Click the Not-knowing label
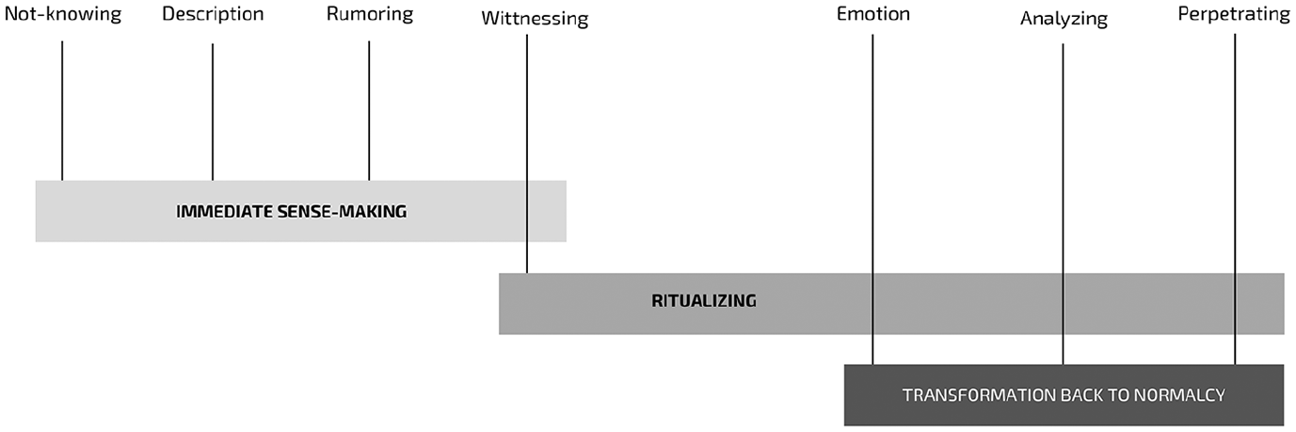coord(63,14)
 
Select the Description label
coord(213,14)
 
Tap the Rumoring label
coord(370,14)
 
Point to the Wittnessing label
coord(535,19)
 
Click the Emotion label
coord(873,14)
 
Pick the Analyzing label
coord(1064,19)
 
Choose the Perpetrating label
coord(1234,14)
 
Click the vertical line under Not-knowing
coord(62,110)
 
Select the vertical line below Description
coord(213,112)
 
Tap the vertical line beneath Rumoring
coord(369,110)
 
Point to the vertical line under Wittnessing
coord(526,153)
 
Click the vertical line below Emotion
coord(872,200)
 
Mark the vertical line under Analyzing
coord(1063,204)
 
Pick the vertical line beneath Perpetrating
coord(1235,200)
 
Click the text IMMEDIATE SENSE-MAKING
coord(292,212)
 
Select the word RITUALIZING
coord(704,301)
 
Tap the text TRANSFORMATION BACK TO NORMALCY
coord(1064,395)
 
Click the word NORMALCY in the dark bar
coord(1179,395)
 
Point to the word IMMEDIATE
coord(224,212)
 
